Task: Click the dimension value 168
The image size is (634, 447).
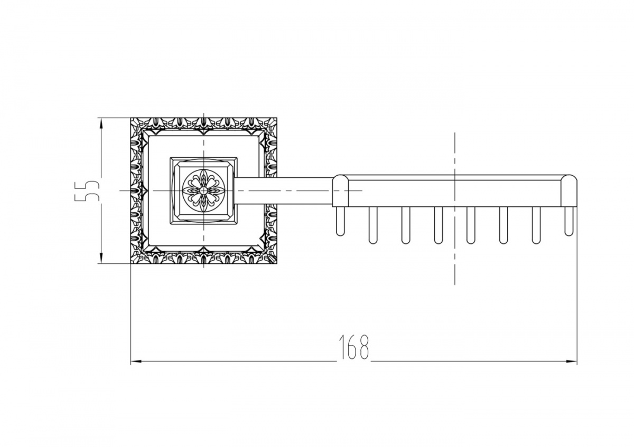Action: (x=354, y=347)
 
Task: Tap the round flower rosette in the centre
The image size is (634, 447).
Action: (x=203, y=191)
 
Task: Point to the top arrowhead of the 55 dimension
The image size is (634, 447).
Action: (x=101, y=123)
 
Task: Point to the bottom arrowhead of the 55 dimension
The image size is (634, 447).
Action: (x=101, y=258)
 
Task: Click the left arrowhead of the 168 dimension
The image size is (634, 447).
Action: (x=136, y=361)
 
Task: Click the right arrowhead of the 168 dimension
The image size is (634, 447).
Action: (x=571, y=361)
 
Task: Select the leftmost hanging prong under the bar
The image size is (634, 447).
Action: (x=340, y=221)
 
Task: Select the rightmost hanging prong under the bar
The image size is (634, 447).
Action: (x=568, y=221)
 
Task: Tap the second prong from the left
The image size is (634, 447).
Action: (x=373, y=225)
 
